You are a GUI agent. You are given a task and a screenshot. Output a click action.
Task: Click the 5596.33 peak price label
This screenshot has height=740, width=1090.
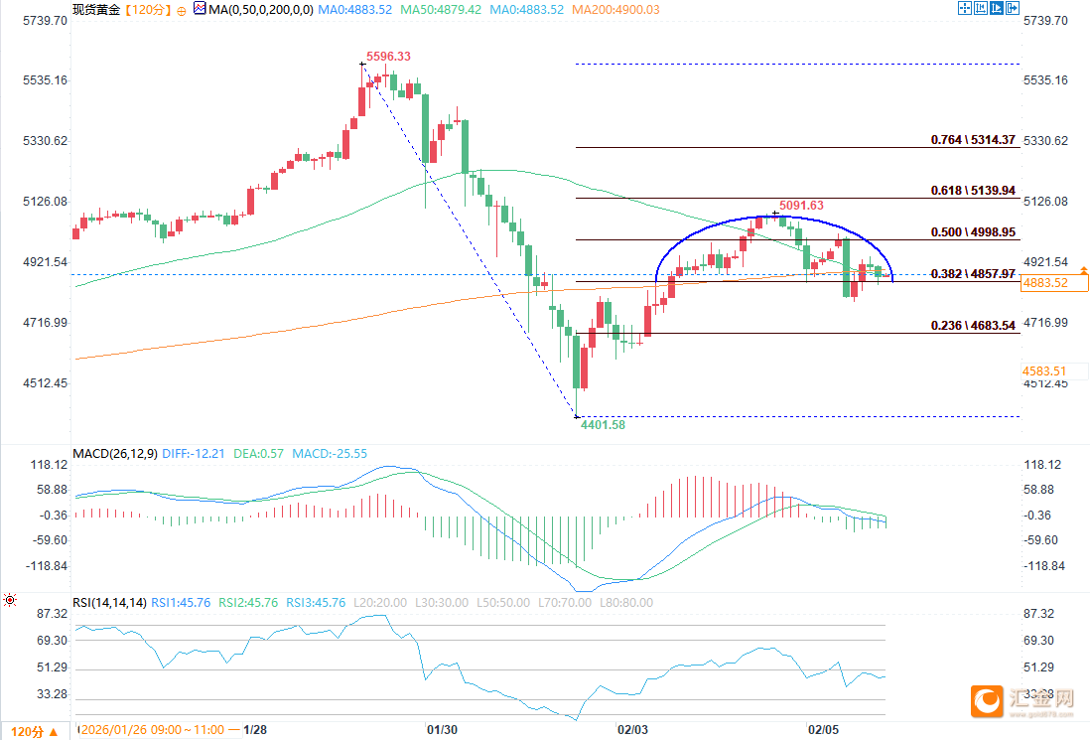click(x=388, y=57)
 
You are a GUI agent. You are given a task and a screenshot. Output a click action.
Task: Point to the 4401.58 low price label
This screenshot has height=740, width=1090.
click(x=604, y=425)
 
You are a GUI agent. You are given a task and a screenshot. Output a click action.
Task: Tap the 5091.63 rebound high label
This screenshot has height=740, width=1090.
click(x=801, y=206)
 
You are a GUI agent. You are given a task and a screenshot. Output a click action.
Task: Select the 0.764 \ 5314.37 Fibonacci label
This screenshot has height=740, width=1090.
click(x=973, y=140)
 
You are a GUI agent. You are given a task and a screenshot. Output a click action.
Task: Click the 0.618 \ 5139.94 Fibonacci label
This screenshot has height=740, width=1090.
click(x=973, y=190)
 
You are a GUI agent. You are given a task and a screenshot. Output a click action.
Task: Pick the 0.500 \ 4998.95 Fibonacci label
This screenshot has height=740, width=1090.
click(x=973, y=232)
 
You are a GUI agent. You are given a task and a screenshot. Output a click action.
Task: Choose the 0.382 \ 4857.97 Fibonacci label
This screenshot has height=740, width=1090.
click(x=973, y=273)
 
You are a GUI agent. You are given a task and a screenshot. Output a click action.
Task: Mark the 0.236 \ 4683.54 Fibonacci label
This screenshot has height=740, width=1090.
click(x=973, y=325)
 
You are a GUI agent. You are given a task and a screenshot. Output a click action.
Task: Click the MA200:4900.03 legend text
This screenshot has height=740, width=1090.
click(x=621, y=9)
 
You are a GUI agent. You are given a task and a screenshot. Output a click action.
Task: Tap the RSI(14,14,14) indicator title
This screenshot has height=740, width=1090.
click(x=109, y=602)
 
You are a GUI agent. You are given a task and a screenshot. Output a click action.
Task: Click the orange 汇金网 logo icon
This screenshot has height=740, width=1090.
click(x=987, y=701)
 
